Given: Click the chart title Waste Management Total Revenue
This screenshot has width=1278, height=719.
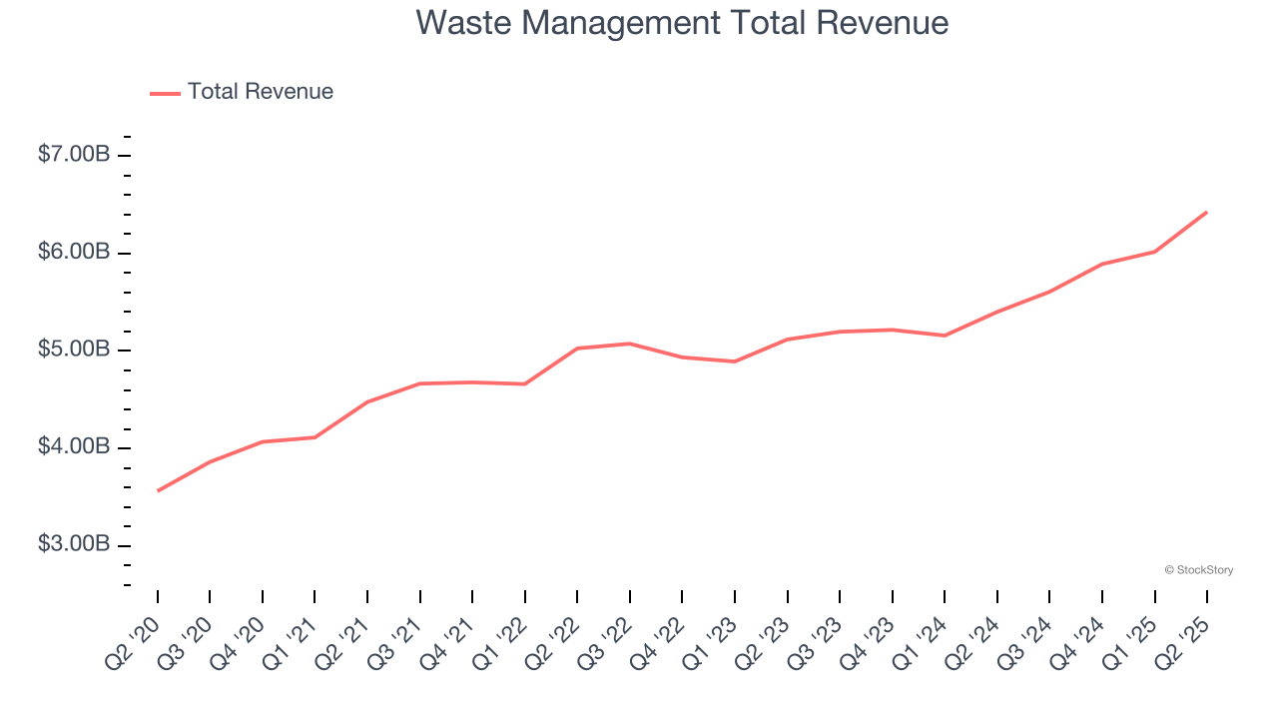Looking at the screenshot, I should click(x=682, y=22).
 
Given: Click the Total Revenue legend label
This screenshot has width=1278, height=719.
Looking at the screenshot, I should click(x=260, y=92).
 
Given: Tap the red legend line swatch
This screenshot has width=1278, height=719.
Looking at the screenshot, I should click(x=165, y=93).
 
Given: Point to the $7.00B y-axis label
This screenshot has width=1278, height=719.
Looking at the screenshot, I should click(x=74, y=155).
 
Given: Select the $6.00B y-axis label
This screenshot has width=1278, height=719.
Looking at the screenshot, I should click(x=74, y=252).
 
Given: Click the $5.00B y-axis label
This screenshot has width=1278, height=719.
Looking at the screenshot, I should click(x=74, y=350).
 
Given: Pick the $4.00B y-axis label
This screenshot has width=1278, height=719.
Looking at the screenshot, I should click(x=74, y=446).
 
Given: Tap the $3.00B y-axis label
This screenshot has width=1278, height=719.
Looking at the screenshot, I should click(x=74, y=544).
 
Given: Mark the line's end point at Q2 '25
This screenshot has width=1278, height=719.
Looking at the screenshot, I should click(x=1207, y=212).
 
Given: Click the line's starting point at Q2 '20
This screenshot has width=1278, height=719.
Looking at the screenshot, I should click(x=158, y=490).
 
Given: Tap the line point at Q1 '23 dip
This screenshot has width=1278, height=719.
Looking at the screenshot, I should click(x=735, y=361).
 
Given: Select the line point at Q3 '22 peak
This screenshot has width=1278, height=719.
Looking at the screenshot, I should click(x=630, y=344).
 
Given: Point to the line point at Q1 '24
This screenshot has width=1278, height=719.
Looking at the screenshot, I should click(x=945, y=336).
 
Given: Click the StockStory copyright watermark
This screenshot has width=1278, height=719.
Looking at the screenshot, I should click(x=1198, y=570).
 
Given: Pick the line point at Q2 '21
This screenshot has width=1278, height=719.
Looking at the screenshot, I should click(x=367, y=402).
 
